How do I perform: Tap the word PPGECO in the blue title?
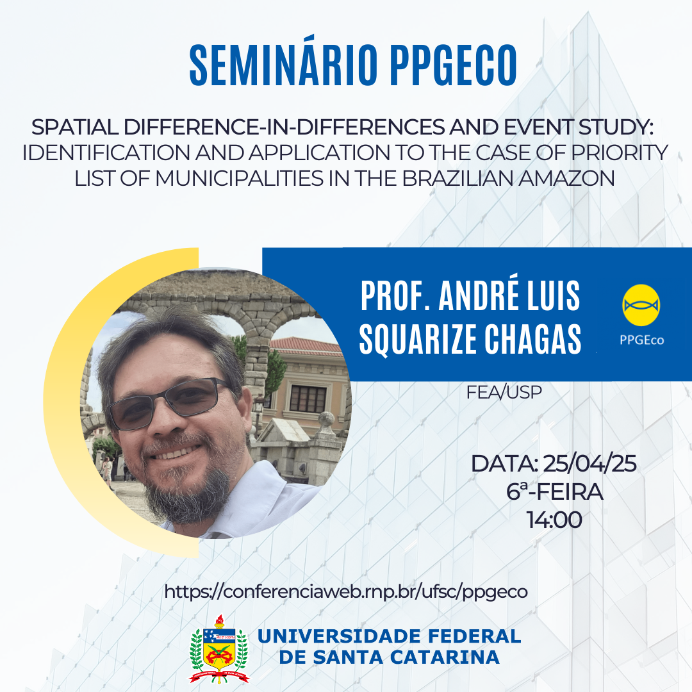pyautogui.click(x=454, y=65)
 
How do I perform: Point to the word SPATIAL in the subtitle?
pyautogui.click(x=74, y=127)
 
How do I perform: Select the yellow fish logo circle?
pyautogui.click(x=641, y=306)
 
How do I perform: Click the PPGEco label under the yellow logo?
pyautogui.click(x=641, y=340)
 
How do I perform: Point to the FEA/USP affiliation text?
pyautogui.click(x=504, y=392)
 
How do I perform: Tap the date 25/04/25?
pyautogui.click(x=589, y=463)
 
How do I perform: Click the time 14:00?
pyautogui.click(x=554, y=520)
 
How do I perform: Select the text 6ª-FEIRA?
pyautogui.click(x=555, y=491)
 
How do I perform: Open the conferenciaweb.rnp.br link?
pyautogui.click(x=346, y=592)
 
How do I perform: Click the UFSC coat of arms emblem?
pyautogui.click(x=219, y=649)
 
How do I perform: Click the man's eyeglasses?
pyautogui.click(x=169, y=402)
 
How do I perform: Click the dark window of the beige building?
pyautogui.click(x=308, y=399)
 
